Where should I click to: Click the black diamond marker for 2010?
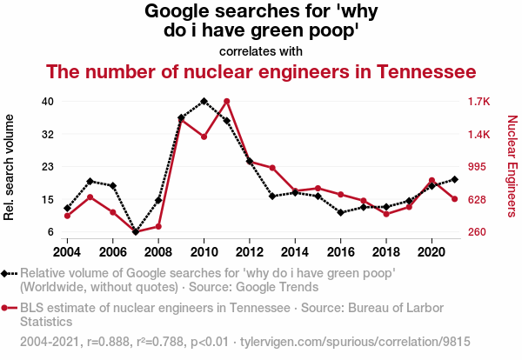(204, 101)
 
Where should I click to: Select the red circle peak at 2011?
(226, 101)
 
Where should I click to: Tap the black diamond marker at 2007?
(136, 232)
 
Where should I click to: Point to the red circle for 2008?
(158, 226)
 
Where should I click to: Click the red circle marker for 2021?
(454, 199)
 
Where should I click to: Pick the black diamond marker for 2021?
(454, 179)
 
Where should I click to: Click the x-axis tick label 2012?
(249, 251)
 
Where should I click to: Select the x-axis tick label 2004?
(68, 251)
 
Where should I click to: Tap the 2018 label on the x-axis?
(385, 251)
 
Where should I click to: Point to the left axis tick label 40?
(48, 102)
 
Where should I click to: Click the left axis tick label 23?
(48, 167)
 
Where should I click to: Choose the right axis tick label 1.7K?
(479, 102)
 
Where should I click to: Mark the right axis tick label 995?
(478, 167)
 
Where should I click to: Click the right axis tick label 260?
(478, 232)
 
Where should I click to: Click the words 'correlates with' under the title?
(261, 50)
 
